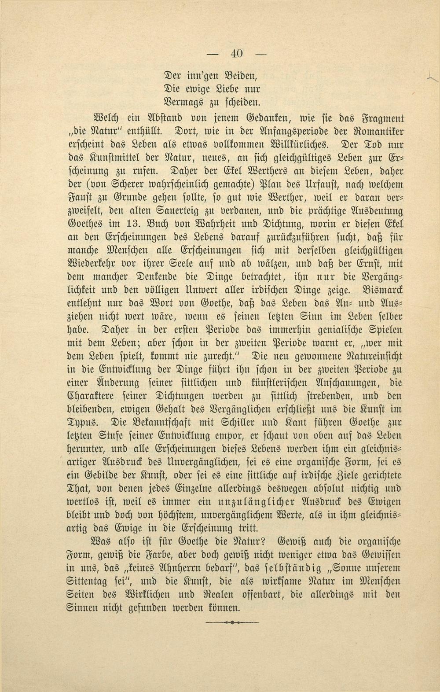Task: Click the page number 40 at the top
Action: click(x=236, y=53)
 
